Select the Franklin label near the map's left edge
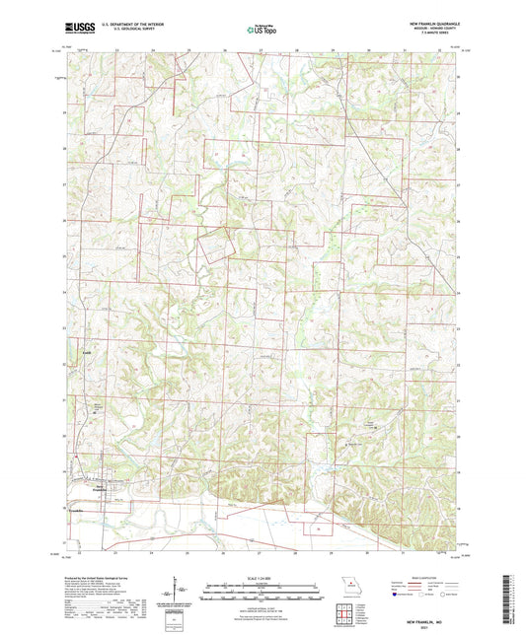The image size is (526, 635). point(76,511)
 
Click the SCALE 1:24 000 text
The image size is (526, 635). point(262,579)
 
